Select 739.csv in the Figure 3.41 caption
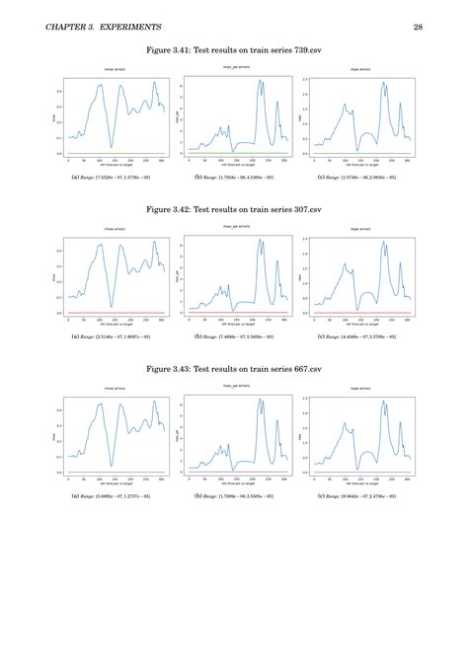click(x=305, y=48)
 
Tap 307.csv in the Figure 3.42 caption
click(x=305, y=209)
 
